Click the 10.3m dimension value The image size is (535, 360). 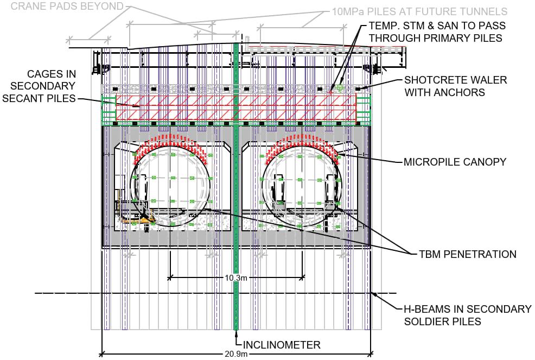click(235, 277)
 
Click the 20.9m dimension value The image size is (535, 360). click(236, 353)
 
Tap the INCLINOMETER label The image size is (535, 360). click(282, 345)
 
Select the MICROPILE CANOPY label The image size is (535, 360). click(455, 162)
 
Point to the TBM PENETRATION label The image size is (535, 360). click(467, 254)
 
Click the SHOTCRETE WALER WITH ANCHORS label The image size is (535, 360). click(455, 86)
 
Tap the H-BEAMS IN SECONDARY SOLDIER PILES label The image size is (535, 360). click(467, 315)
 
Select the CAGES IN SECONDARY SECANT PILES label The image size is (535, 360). click(39, 86)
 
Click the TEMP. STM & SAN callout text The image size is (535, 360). click(437, 31)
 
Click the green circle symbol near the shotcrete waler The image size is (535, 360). click(340, 87)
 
